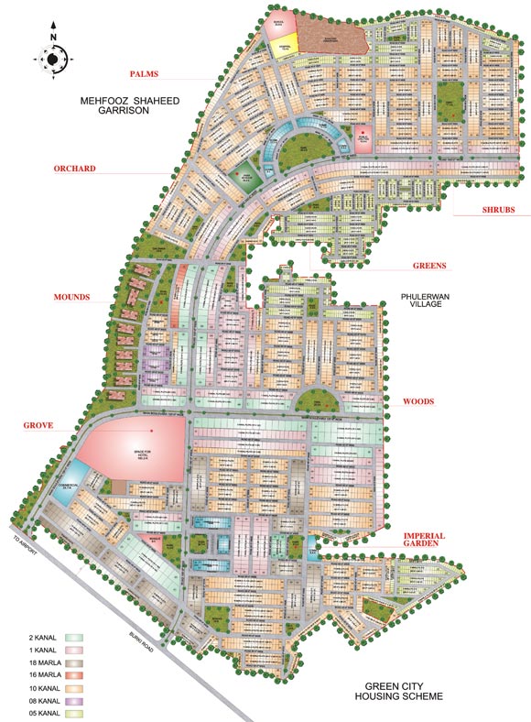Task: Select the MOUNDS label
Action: click(x=75, y=298)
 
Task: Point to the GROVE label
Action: click(x=38, y=426)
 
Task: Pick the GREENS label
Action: click(x=428, y=267)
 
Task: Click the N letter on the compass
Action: click(x=53, y=36)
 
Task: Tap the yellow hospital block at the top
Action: click(x=283, y=46)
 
